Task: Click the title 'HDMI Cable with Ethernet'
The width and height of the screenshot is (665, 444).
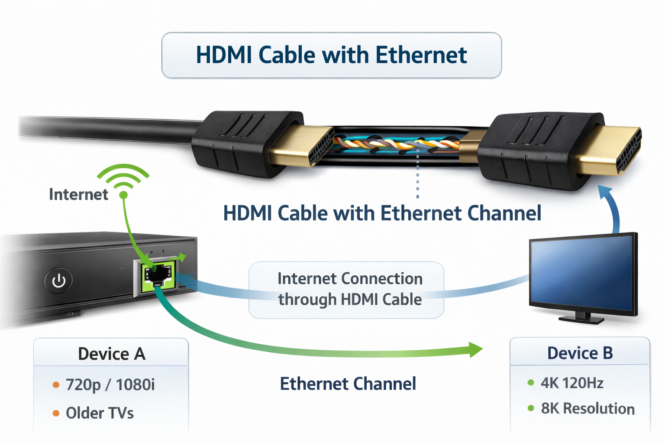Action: click(x=331, y=55)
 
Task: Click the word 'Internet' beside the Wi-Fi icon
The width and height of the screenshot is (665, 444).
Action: click(x=78, y=194)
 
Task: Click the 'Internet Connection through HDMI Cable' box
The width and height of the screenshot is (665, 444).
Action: click(x=346, y=290)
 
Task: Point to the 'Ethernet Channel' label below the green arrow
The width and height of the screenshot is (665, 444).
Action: click(x=348, y=384)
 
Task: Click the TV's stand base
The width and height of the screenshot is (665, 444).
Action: click(x=581, y=320)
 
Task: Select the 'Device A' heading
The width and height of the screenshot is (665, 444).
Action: click(x=111, y=354)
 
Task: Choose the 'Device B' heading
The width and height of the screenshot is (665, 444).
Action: click(x=580, y=353)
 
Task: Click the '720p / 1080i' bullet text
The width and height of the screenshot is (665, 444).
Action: click(x=110, y=385)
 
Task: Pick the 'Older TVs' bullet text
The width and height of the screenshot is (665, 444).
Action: click(x=100, y=413)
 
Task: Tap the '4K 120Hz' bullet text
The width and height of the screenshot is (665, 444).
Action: click(x=571, y=383)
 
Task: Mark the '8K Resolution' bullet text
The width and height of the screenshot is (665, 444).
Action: click(x=588, y=408)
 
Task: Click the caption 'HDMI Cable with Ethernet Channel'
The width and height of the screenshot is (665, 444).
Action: click(x=382, y=213)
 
